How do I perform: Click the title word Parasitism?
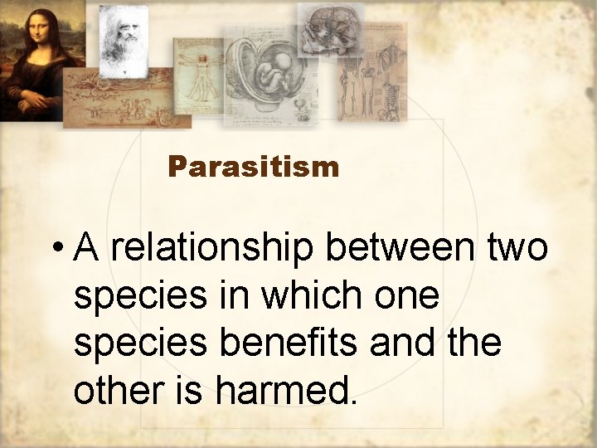253,168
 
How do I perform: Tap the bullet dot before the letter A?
56,249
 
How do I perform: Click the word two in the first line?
517,248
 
